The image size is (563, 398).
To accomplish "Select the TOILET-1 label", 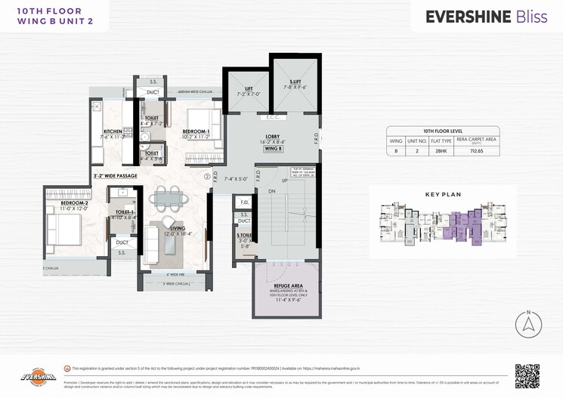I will click(x=122, y=212).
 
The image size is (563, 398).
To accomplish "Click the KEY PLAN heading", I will click(x=442, y=194).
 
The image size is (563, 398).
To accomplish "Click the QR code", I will click(x=527, y=375).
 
